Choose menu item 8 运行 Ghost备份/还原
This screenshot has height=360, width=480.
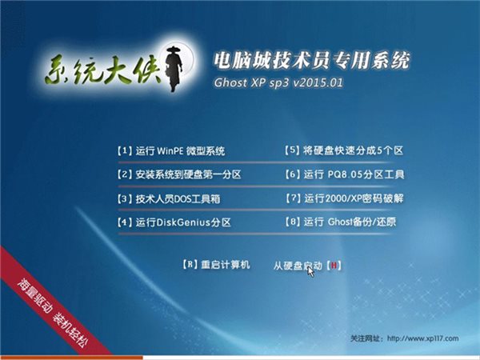pyautogui.click(x=341, y=222)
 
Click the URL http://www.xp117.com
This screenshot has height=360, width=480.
pyautogui.click(x=429, y=337)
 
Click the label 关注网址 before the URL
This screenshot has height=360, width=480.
pyautogui.click(x=368, y=337)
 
